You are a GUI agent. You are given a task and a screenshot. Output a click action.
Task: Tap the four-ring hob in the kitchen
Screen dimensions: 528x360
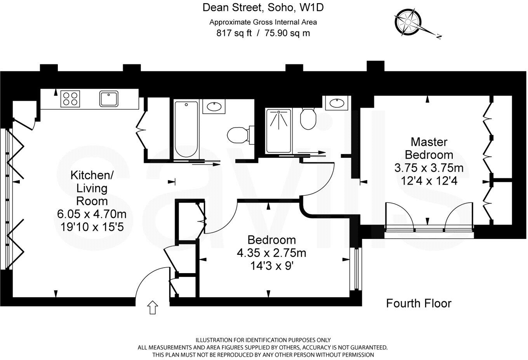(x=70, y=99)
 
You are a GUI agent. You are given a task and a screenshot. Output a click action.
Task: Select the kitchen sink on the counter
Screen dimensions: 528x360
(x=109, y=99)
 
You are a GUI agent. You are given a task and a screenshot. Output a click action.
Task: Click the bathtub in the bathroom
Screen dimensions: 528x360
(x=186, y=129)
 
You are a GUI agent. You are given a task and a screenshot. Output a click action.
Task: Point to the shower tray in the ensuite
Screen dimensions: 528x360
(x=279, y=131)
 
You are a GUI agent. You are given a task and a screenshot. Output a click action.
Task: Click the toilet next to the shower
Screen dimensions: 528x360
(x=308, y=118)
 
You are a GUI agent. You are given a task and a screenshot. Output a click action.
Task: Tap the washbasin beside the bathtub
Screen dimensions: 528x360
(x=214, y=106)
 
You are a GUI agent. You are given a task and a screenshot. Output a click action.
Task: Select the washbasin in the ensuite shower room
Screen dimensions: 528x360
(x=337, y=103)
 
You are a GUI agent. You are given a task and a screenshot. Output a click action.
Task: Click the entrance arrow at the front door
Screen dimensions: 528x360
(x=153, y=307)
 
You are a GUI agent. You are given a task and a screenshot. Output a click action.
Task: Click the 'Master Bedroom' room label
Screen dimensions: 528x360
(x=429, y=149)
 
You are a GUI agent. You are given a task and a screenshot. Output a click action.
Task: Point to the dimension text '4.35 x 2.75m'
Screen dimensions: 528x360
(x=271, y=253)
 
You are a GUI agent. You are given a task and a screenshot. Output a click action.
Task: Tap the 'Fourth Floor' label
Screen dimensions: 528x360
(x=419, y=303)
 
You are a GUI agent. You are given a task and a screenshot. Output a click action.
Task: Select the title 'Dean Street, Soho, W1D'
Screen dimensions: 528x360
(x=263, y=7)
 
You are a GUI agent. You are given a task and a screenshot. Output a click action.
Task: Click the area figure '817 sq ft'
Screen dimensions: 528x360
(x=234, y=33)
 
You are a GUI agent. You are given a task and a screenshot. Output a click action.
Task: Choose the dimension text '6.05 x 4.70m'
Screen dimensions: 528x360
(x=92, y=214)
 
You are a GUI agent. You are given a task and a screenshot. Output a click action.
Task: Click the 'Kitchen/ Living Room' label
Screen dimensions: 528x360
(x=92, y=188)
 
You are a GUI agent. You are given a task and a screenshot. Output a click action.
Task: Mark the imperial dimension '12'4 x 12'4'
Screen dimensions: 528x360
(x=429, y=181)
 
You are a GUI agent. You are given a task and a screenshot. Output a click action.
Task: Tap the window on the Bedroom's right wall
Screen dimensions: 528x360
(x=356, y=269)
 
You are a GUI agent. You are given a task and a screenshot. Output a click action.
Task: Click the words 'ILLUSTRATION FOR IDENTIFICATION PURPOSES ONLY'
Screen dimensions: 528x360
(x=263, y=340)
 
